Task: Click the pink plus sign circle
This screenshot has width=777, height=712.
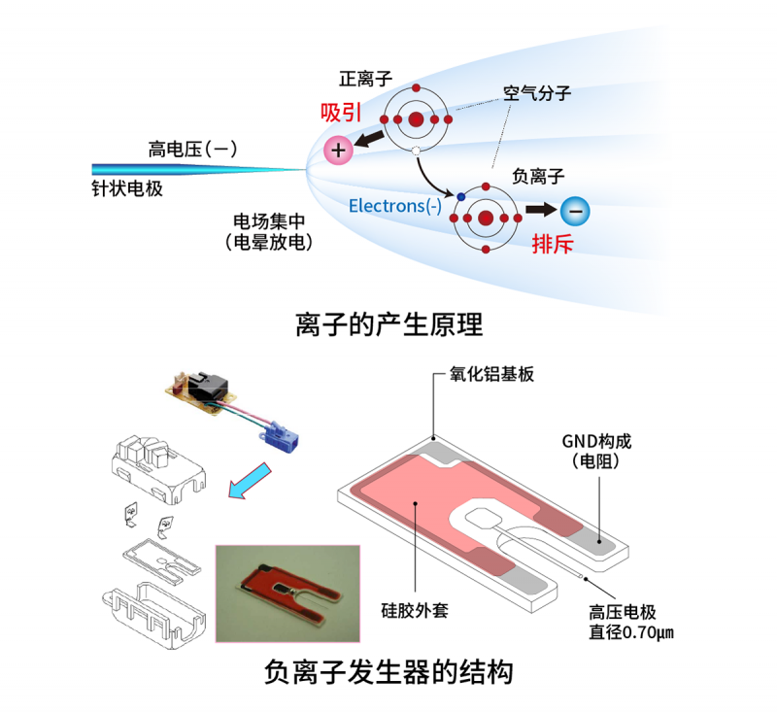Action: point(338,151)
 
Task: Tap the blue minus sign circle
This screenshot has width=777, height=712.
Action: point(575,210)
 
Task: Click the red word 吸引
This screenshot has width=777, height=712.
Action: point(340,112)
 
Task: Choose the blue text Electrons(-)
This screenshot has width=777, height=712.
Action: point(394,206)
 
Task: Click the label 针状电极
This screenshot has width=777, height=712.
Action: point(120,188)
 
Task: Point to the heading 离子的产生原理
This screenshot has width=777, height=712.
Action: point(388,323)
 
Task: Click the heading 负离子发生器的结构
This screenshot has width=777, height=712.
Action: point(388,672)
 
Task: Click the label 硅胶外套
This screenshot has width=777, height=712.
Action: point(414,612)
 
